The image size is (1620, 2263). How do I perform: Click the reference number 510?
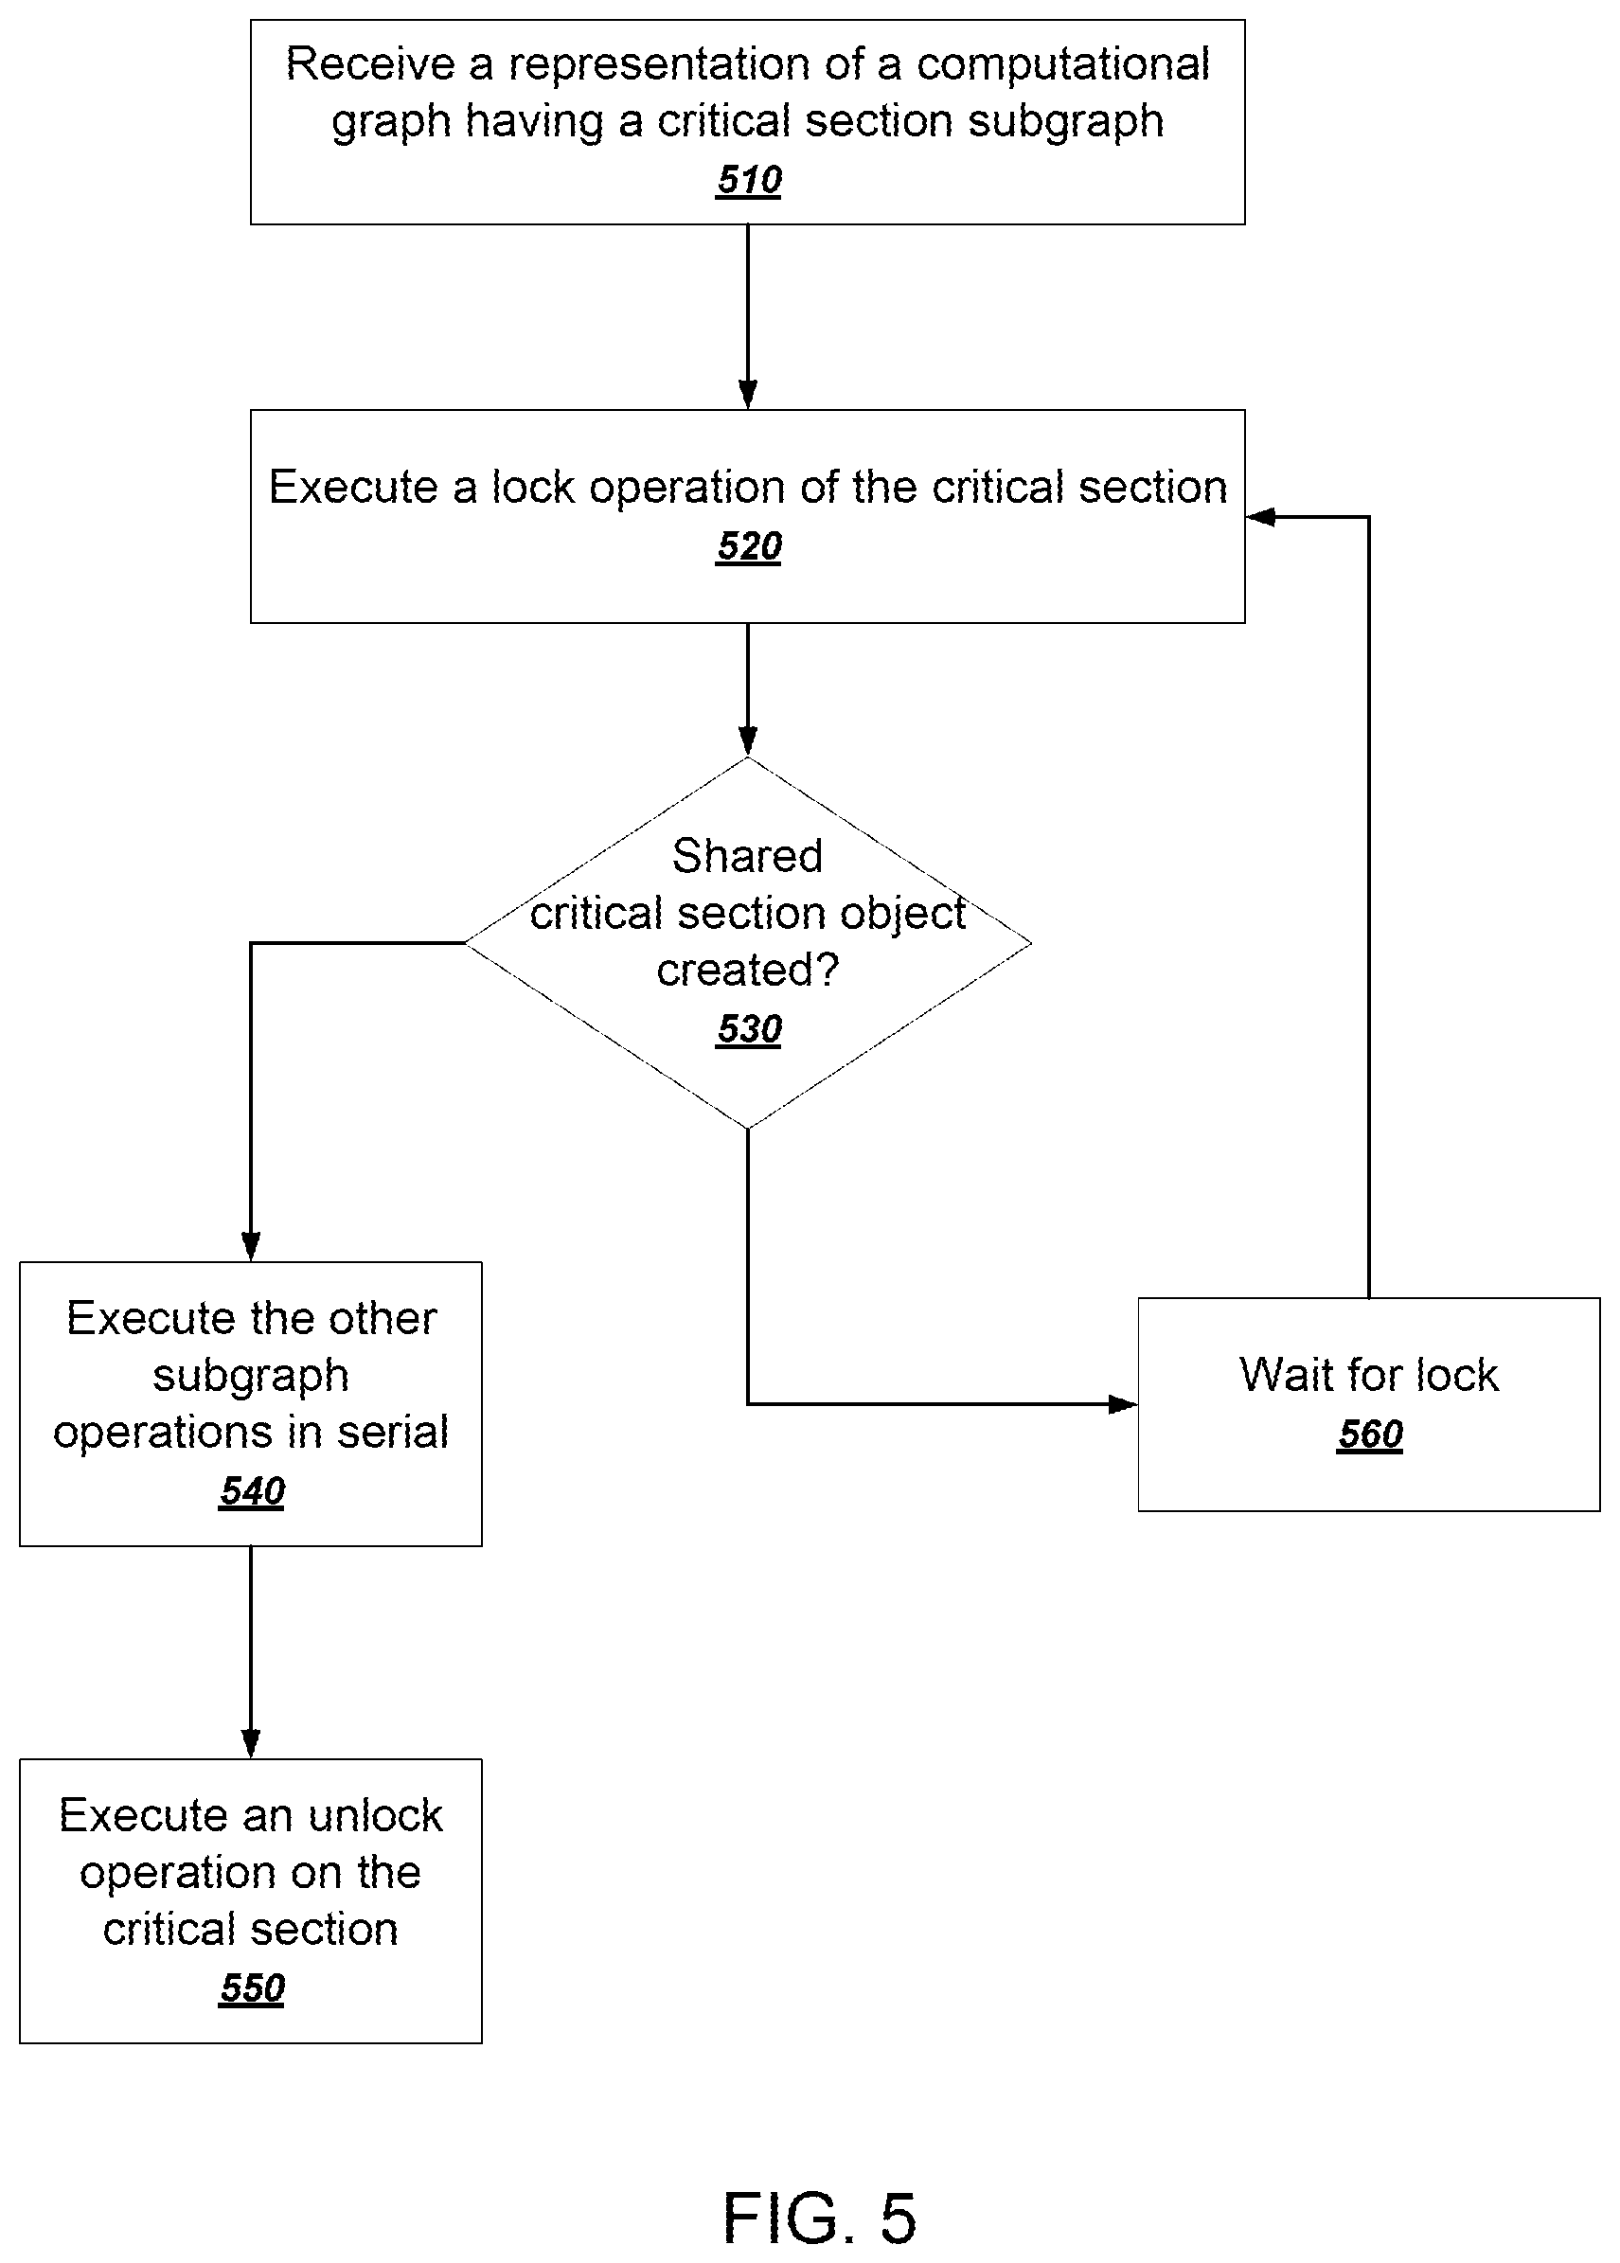click(x=748, y=180)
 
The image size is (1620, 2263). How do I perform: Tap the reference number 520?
click(x=748, y=545)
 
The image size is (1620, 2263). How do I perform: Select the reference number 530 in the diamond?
click(x=748, y=1028)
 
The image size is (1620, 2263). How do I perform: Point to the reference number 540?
click(x=252, y=1491)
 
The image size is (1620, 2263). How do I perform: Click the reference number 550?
click(x=252, y=1987)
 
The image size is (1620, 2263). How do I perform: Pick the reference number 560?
click(x=1370, y=1434)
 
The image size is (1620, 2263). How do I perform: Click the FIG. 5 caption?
click(x=819, y=2218)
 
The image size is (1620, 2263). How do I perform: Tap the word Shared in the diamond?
click(x=747, y=855)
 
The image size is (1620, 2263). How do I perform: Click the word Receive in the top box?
click(x=371, y=63)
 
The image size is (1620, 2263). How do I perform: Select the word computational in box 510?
click(x=1063, y=63)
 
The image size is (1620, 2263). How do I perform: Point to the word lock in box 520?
click(x=533, y=487)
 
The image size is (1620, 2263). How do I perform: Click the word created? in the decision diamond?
click(x=747, y=970)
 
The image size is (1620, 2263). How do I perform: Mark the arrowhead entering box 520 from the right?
click(x=1261, y=517)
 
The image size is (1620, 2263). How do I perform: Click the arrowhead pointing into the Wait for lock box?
click(x=1123, y=1404)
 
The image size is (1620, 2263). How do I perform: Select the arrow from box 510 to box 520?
click(x=748, y=317)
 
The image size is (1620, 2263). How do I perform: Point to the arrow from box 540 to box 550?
click(x=252, y=1652)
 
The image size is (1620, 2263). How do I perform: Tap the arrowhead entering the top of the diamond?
click(x=748, y=741)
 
